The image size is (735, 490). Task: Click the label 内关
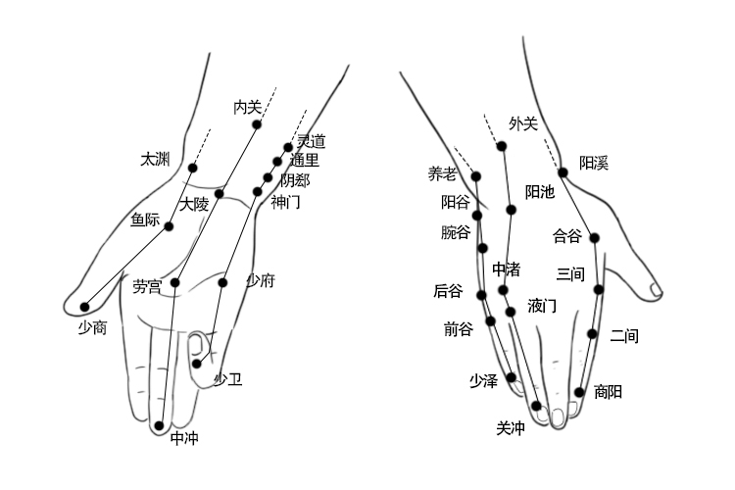(247, 105)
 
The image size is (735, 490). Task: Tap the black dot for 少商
(84, 307)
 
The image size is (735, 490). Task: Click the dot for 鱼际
(170, 226)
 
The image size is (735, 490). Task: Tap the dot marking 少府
(222, 282)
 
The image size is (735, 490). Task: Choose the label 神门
(285, 202)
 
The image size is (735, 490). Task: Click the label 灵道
(311, 141)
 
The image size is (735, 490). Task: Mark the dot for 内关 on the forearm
(257, 124)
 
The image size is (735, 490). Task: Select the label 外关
(523, 123)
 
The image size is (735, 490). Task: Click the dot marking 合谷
(594, 237)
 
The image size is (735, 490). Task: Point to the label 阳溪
(593, 163)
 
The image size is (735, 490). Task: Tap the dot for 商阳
(580, 392)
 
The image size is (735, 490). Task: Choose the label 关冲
(511, 427)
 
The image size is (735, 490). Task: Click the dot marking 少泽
(511, 377)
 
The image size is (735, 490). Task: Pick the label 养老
(442, 173)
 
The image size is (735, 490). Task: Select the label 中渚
(506, 269)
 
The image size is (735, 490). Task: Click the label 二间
(623, 336)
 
